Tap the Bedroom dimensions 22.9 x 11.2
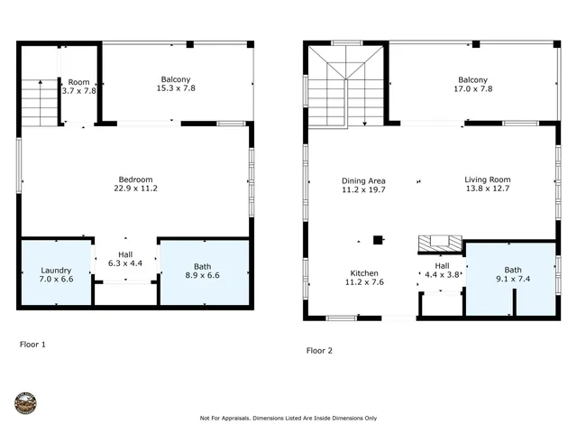click(136, 189)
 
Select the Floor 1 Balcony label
click(176, 78)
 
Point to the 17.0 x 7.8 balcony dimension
click(472, 88)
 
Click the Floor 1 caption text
click(32, 345)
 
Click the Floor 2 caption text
click(319, 350)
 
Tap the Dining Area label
click(364, 180)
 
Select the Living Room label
click(488, 180)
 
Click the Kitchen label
click(364, 272)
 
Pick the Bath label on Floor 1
click(203, 266)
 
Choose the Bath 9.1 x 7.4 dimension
click(512, 280)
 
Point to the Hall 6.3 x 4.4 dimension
click(125, 264)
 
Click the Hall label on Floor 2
click(442, 266)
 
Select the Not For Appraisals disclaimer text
click(288, 419)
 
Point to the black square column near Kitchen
click(378, 241)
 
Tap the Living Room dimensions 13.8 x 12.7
click(488, 189)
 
